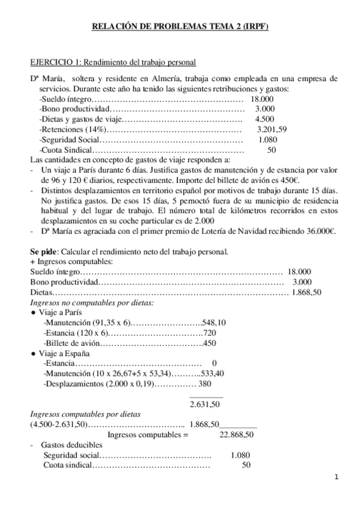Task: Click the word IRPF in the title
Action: coord(256,26)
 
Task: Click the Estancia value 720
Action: coord(210,333)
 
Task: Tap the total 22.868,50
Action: coord(237,434)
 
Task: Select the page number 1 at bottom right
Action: coord(337,477)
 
